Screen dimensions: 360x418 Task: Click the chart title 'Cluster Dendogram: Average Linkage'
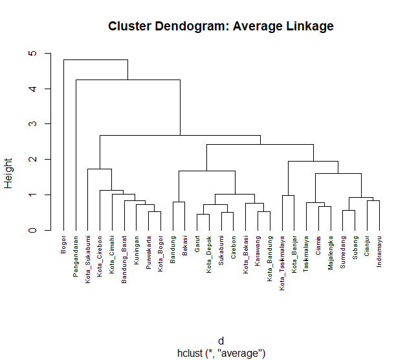coord(221,26)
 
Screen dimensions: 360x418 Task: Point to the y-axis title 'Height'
coord(9,174)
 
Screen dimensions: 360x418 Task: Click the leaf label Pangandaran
coord(76,257)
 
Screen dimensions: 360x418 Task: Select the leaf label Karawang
coord(258,250)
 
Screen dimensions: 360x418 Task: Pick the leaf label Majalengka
coord(331,253)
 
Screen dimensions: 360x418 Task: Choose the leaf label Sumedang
coord(344,251)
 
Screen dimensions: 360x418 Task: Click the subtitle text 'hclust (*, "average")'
coord(221,353)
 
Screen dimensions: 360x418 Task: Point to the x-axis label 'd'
coord(221,341)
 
